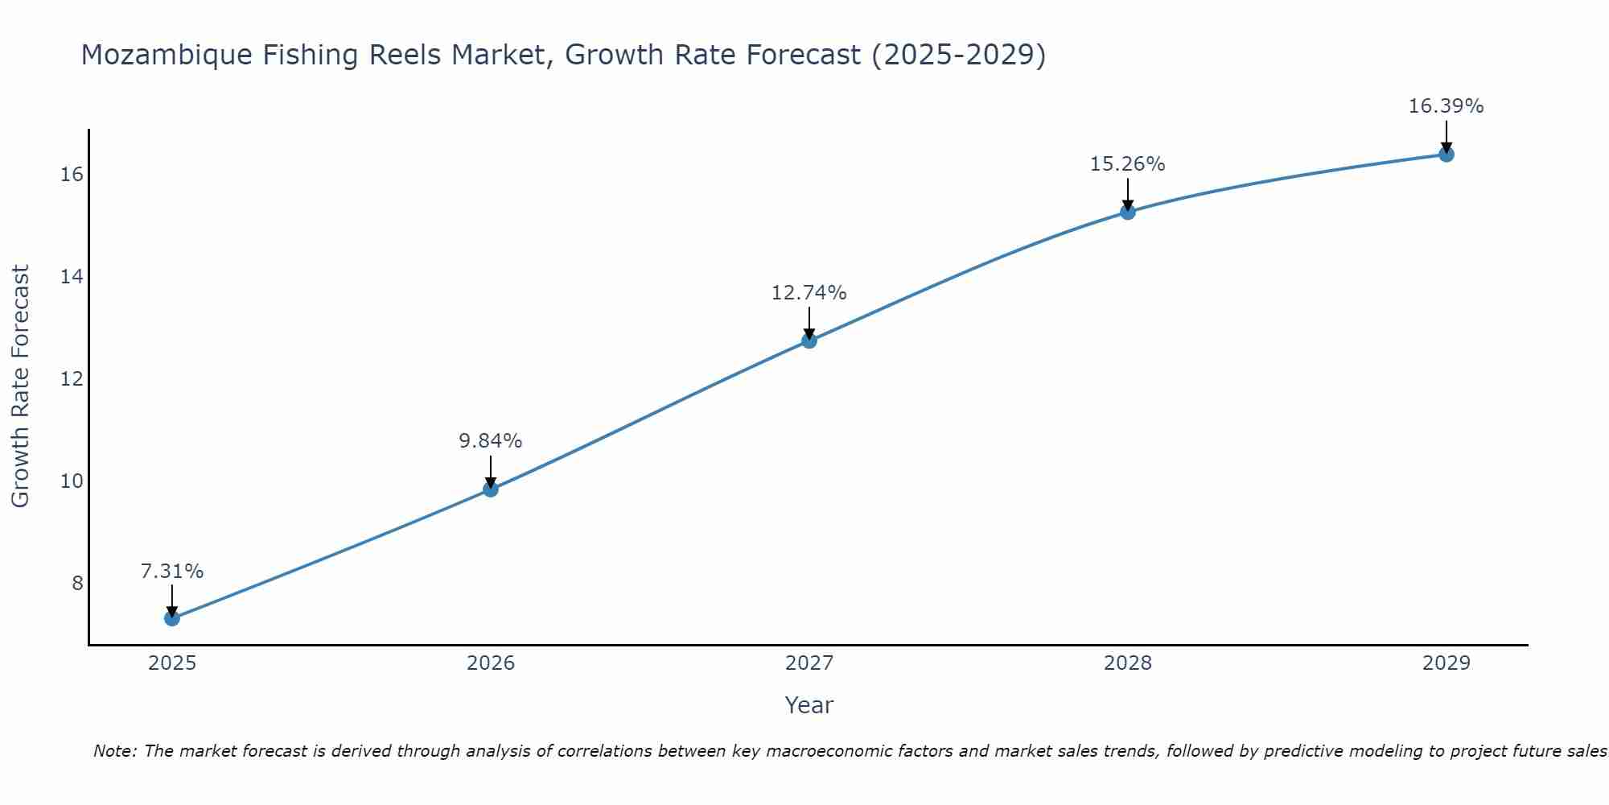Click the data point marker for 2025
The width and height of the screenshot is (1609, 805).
pyautogui.click(x=172, y=618)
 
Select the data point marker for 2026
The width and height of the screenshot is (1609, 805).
pyautogui.click(x=491, y=489)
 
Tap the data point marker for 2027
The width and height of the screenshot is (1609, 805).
pyautogui.click(x=809, y=341)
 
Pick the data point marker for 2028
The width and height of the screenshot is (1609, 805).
pyautogui.click(x=1128, y=212)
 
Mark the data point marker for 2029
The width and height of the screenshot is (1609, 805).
pyautogui.click(x=1446, y=154)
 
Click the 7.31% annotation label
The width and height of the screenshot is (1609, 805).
pyautogui.click(x=172, y=572)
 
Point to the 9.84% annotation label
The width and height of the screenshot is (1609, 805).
pyautogui.click(x=491, y=441)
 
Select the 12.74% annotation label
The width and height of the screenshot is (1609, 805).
pyautogui.click(x=809, y=293)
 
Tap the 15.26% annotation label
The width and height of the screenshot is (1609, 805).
pyautogui.click(x=1128, y=164)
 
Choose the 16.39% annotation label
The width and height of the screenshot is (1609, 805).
pyautogui.click(x=1446, y=106)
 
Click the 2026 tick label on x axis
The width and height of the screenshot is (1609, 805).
pyautogui.click(x=491, y=663)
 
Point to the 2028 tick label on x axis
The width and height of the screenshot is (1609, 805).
pyautogui.click(x=1128, y=663)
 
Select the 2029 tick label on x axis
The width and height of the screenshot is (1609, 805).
pyautogui.click(x=1446, y=663)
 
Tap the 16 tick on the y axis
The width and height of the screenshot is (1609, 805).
pyautogui.click(x=72, y=174)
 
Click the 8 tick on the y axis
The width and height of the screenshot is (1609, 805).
pyautogui.click(x=77, y=583)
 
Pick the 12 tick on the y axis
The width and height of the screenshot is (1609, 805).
pyautogui.click(x=72, y=378)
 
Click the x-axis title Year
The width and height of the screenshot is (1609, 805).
pyautogui.click(x=809, y=705)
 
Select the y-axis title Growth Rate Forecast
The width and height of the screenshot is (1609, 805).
pyautogui.click(x=21, y=386)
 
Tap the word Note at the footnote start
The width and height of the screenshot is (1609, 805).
pyautogui.click(x=115, y=751)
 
